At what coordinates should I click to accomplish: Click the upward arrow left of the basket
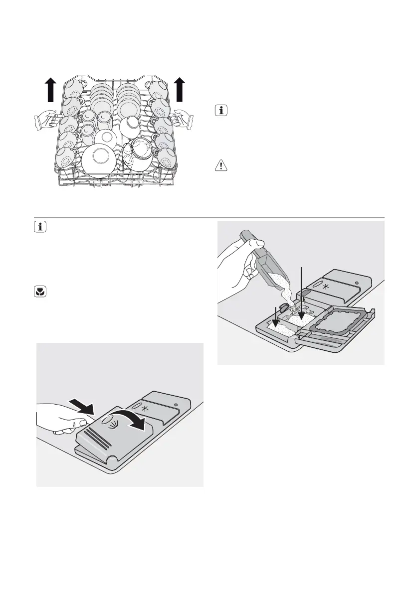50,91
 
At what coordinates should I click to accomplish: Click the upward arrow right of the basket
180,90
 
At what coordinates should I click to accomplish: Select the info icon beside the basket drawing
219,111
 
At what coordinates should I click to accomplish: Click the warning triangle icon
219,165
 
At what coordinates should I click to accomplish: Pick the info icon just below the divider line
40,227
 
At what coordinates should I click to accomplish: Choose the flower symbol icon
40,293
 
